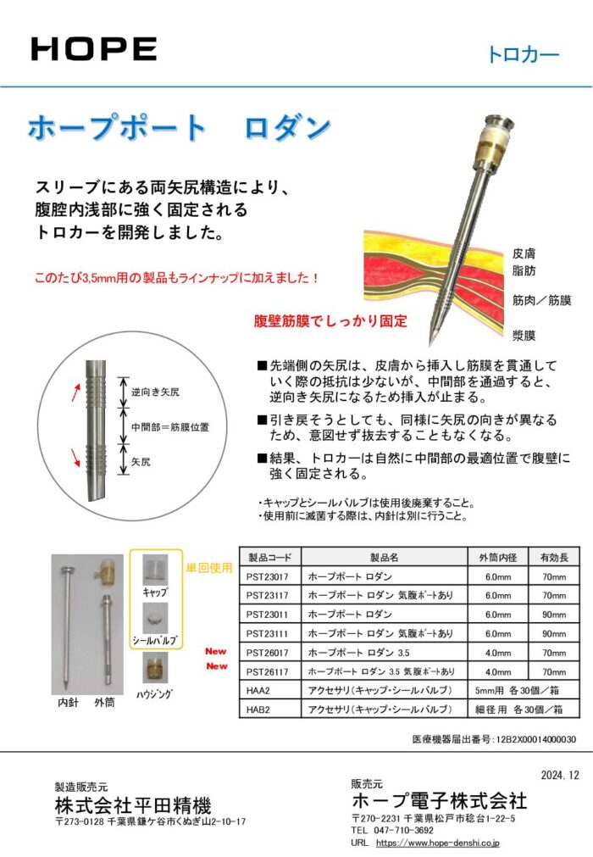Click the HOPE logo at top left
[94, 48]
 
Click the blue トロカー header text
[523, 54]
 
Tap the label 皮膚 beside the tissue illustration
[524, 253]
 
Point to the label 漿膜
[524, 335]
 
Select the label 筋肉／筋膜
[541, 300]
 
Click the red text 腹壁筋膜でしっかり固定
[330, 320]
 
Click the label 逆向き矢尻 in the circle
[155, 392]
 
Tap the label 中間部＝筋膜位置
[169, 427]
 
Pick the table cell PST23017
[267, 576]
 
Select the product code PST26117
[267, 671]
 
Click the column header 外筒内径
[498, 558]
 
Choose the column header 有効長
[554, 558]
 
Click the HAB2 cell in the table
[258, 710]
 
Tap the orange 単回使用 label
[209, 568]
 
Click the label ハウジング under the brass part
[154, 694]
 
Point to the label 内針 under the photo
[69, 703]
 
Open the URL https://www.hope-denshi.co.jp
[437, 843]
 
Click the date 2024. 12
[560, 775]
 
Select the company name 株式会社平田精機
[133, 805]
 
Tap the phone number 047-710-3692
[403, 830]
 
